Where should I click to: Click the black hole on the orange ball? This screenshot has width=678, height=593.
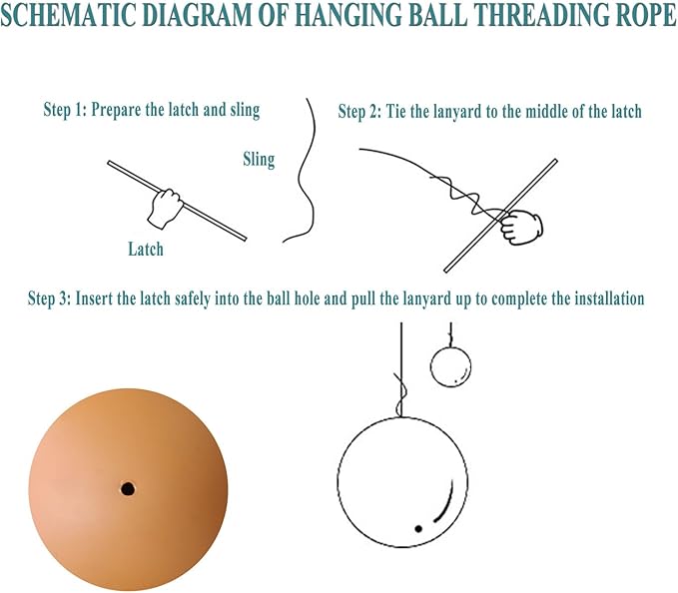[x=128, y=489]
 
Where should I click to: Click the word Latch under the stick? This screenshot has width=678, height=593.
[x=146, y=249]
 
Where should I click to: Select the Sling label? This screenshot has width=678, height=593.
[x=259, y=159]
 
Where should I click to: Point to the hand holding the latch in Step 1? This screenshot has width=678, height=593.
[x=165, y=208]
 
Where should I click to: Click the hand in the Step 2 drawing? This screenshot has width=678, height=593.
[x=519, y=227]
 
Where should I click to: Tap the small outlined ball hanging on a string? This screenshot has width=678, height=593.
[x=450, y=366]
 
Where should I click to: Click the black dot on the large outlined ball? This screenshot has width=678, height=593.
[x=418, y=528]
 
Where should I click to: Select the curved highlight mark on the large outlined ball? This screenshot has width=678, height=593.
[x=445, y=504]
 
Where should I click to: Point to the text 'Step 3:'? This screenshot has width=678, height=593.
[x=49, y=298]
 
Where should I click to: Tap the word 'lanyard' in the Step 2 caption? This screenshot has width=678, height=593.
[x=457, y=113]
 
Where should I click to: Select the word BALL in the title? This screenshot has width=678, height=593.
[x=440, y=15]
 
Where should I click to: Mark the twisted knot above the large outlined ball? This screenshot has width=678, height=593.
[x=400, y=393]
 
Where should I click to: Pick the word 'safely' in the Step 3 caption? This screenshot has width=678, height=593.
[x=193, y=299]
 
